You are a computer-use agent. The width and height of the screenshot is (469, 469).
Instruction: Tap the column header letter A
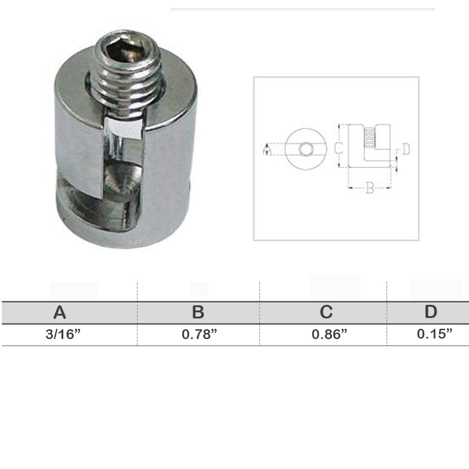(x=60, y=312)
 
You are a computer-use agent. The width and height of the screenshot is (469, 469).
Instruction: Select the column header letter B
(x=198, y=312)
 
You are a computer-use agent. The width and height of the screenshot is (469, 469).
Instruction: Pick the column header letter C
(x=326, y=312)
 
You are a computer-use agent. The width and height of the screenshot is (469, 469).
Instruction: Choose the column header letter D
(x=431, y=311)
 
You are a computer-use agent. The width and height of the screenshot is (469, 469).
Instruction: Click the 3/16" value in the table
(x=63, y=334)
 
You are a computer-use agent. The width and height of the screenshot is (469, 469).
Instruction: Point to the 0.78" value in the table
(x=199, y=334)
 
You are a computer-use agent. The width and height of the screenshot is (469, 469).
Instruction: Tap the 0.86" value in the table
(x=329, y=334)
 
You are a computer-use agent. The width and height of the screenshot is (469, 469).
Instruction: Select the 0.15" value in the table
(x=434, y=333)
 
